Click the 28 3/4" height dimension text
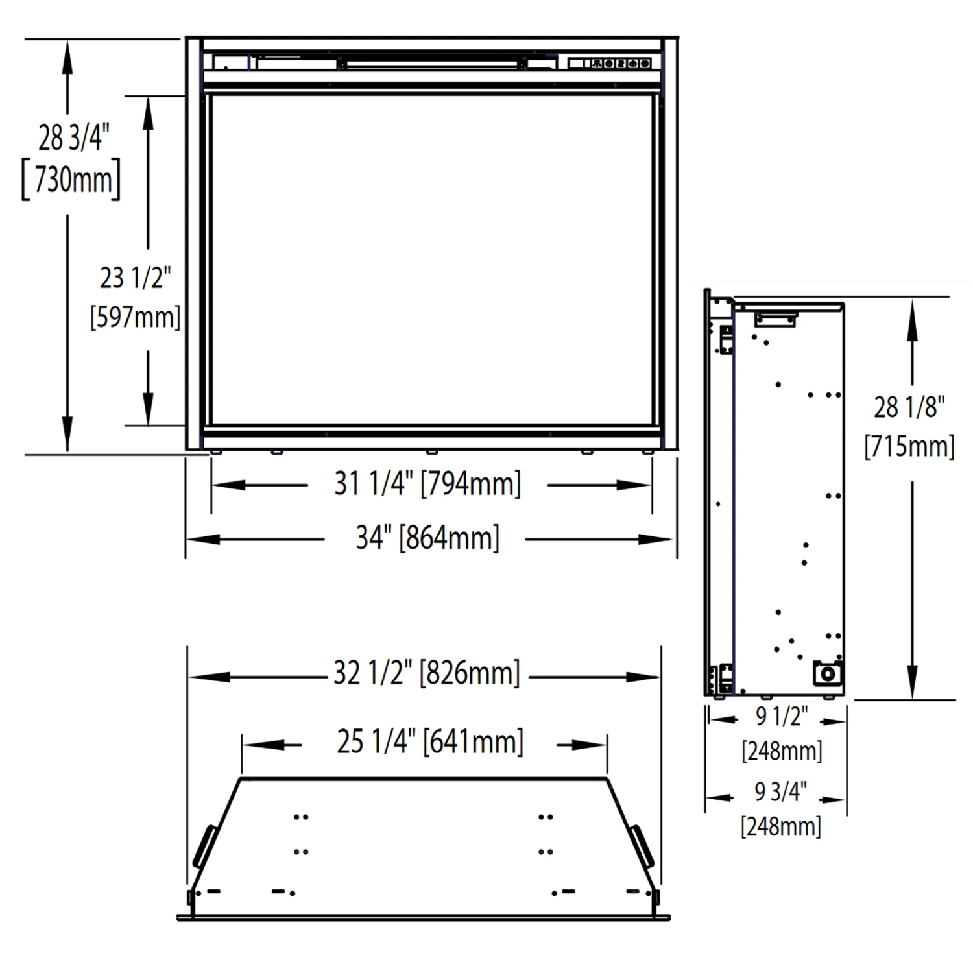click(73, 138)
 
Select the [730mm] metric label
click(71, 179)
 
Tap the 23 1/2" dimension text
click(135, 278)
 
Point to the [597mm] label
click(135, 317)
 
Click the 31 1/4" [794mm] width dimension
click(427, 483)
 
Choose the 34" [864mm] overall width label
click(427, 538)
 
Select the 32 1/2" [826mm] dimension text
click(427, 673)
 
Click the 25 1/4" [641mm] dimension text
click(429, 741)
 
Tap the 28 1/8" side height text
click(909, 407)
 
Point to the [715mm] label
click(909, 446)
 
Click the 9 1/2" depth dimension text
click(782, 716)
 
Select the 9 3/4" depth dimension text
click(780, 791)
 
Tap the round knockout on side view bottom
click(828, 674)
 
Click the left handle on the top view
click(205, 846)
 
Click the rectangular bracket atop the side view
click(775, 319)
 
